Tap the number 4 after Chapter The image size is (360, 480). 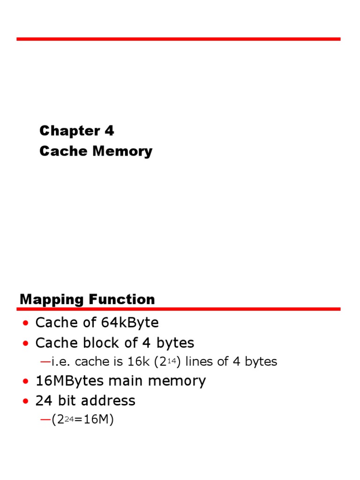tap(109, 131)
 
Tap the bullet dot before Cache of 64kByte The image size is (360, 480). tap(26, 323)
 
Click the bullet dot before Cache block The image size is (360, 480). tap(26, 344)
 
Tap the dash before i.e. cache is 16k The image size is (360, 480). tap(45, 362)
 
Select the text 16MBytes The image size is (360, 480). tap(70, 381)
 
